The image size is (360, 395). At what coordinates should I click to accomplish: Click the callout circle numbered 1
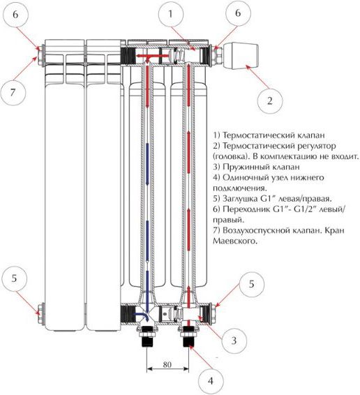click(170, 14)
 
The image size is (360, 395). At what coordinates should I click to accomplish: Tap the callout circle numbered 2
click(269, 101)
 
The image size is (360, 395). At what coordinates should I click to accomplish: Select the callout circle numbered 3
click(234, 341)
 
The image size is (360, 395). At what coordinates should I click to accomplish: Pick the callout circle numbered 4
click(211, 380)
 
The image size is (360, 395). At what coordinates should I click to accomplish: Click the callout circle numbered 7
click(13, 92)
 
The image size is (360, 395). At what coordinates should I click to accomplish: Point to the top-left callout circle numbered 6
click(15, 15)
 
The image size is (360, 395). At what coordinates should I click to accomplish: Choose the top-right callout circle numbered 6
click(239, 13)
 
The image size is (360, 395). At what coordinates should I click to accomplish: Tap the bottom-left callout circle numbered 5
click(14, 278)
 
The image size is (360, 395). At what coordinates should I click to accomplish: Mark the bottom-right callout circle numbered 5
click(251, 284)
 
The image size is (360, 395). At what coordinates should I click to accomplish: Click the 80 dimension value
click(167, 364)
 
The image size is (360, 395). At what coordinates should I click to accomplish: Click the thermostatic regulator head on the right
click(241, 55)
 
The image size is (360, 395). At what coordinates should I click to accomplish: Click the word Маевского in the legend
click(235, 241)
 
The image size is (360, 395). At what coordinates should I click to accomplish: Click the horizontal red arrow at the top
click(149, 56)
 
